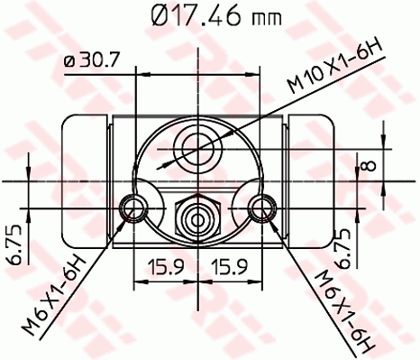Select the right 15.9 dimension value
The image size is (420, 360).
point(231,268)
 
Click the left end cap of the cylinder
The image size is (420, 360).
point(83,180)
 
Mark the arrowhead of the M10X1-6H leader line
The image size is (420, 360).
point(160,166)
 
